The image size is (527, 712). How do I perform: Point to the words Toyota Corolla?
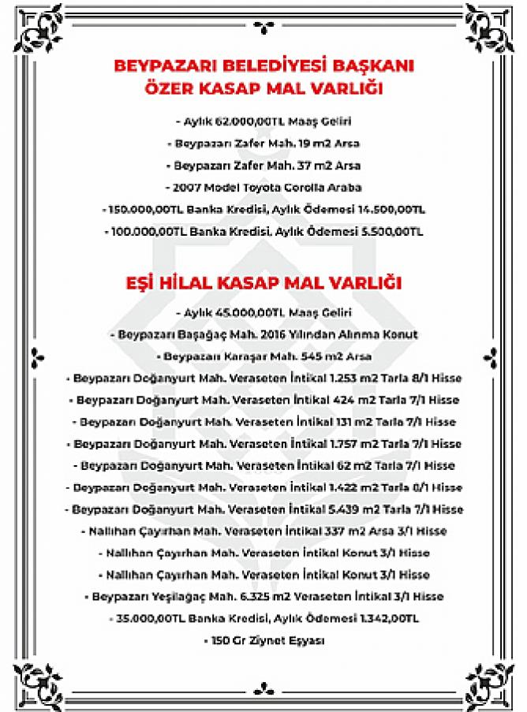pyautogui.click(x=290, y=188)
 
